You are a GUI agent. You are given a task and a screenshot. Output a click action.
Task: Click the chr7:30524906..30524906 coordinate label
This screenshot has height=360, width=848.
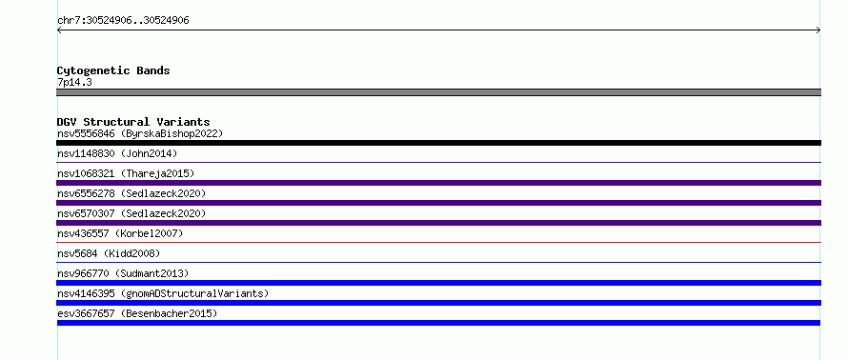click(123, 21)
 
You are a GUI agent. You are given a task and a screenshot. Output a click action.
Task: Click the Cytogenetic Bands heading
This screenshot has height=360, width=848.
click(113, 70)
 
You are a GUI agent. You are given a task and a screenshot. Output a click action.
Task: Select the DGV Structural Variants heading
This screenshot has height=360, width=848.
click(133, 122)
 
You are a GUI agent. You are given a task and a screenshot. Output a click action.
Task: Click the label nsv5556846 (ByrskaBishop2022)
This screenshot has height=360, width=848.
click(140, 133)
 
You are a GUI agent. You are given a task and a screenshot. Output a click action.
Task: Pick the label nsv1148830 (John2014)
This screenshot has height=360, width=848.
click(117, 153)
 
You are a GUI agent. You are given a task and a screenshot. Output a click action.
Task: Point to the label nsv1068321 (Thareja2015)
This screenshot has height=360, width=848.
click(126, 173)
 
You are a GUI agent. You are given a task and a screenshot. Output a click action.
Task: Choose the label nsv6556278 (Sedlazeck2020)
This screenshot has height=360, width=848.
click(131, 193)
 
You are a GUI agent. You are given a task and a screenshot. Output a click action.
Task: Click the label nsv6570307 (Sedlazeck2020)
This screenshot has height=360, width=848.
click(131, 213)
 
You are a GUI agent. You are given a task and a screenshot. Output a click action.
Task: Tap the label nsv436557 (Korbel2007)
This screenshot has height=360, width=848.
click(120, 233)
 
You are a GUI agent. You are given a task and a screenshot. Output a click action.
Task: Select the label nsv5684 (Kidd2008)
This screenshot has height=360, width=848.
click(109, 253)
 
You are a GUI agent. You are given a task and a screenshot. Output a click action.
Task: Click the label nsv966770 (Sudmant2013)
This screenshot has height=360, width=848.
click(123, 273)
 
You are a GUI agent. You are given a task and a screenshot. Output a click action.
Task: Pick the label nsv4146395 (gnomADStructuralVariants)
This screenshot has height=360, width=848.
click(163, 293)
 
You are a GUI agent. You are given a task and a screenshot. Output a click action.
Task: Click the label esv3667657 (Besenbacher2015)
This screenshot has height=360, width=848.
click(137, 313)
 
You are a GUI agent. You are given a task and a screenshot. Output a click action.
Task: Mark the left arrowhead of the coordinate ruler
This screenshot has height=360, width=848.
click(58, 30)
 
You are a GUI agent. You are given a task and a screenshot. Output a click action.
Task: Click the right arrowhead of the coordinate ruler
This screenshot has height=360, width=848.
click(819, 30)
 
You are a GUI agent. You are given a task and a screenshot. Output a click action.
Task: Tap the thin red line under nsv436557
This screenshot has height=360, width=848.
click(438, 243)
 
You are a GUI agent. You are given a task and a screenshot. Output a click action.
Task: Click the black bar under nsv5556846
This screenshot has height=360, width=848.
click(438, 143)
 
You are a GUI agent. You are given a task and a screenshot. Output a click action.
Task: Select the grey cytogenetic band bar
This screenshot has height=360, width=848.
click(438, 92)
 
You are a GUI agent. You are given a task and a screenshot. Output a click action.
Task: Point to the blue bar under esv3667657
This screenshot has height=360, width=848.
click(438, 323)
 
